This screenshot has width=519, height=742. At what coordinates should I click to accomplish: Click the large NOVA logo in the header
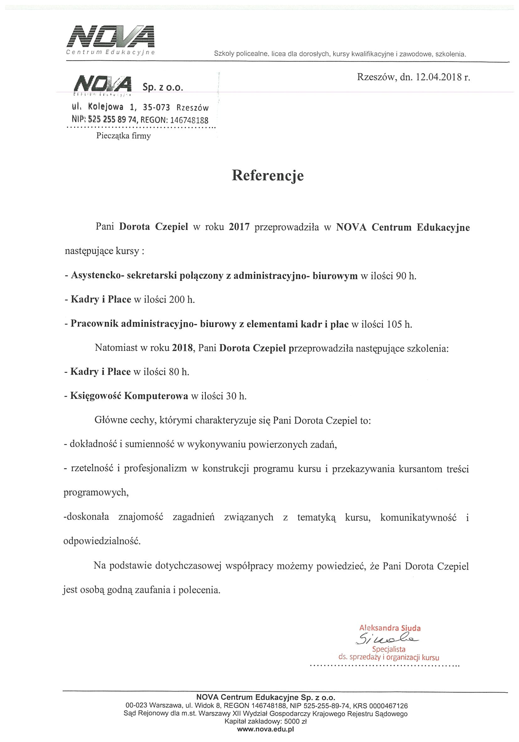(111, 36)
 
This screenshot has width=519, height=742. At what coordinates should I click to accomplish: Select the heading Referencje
(268, 175)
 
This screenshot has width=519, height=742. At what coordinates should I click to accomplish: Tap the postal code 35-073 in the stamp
(156, 107)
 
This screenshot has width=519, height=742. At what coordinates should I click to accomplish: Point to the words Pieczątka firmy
(123, 136)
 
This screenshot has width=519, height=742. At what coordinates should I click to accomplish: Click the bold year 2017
(239, 227)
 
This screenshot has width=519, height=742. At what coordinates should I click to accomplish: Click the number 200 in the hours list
(177, 300)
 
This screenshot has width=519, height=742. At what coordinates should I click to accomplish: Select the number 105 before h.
(394, 324)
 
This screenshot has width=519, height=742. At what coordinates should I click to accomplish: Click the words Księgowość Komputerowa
(129, 396)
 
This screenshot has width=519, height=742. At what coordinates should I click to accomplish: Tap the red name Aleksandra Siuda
(390, 628)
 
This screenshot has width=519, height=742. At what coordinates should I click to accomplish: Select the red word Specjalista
(388, 649)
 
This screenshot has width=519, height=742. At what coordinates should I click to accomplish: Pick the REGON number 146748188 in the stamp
(189, 120)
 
